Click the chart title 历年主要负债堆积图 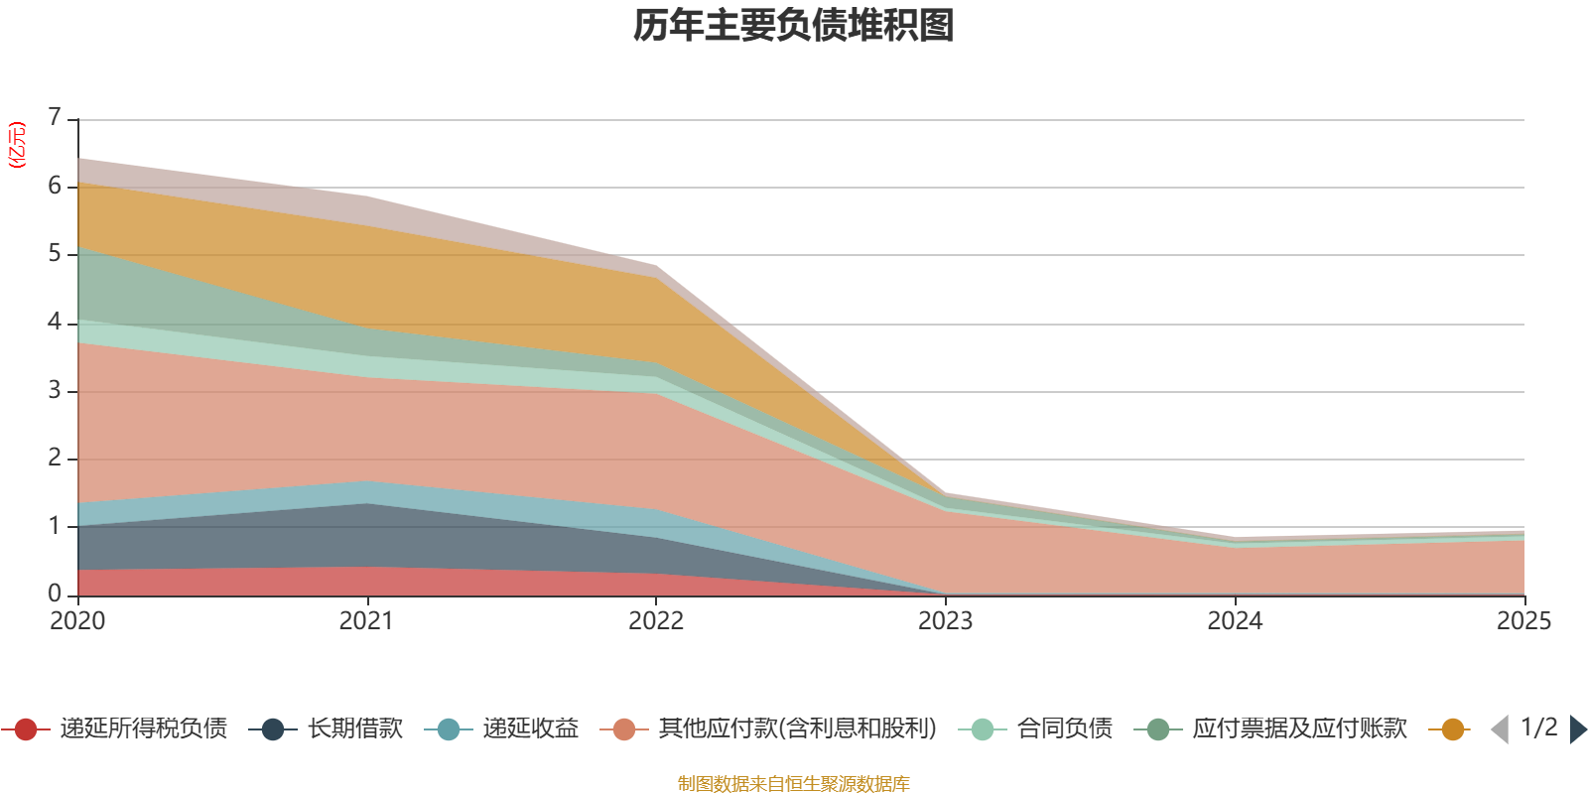[794, 26]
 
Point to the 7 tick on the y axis [55, 118]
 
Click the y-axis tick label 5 [55, 254]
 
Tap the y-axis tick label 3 [55, 390]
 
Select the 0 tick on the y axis [55, 594]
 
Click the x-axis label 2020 [77, 621]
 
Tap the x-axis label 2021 [366, 621]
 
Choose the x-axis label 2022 [656, 621]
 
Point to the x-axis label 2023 [945, 621]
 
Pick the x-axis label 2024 [1235, 621]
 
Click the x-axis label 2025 [1522, 621]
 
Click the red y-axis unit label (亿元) [17, 145]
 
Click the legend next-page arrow [1578, 729]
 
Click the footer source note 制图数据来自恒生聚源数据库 [794, 784]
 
